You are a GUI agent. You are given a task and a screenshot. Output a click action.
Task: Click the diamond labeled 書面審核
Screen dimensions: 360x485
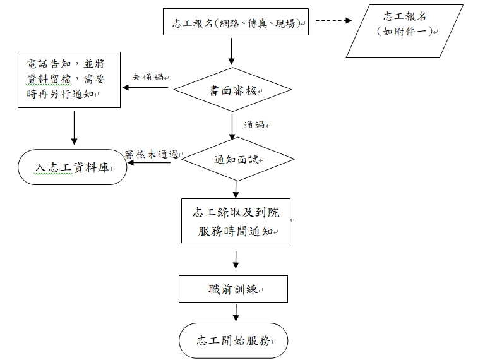234,91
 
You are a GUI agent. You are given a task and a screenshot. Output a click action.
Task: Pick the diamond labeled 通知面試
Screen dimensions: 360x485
236,159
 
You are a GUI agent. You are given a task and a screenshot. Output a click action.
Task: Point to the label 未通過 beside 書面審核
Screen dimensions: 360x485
148,77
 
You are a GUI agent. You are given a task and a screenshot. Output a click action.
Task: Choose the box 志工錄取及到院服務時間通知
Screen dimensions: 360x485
236,220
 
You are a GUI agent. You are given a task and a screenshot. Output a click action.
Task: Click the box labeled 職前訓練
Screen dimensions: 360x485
233,289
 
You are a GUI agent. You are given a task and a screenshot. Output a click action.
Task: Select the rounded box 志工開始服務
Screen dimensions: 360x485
234,341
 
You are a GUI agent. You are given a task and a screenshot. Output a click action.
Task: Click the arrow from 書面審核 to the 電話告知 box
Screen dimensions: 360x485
145,88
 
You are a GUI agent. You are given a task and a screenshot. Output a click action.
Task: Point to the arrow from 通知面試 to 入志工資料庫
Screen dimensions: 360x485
149,164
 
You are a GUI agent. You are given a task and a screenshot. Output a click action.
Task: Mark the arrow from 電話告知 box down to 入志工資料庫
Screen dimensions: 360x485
75,126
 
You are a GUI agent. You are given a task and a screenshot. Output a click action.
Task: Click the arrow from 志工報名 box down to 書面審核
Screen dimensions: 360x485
232,51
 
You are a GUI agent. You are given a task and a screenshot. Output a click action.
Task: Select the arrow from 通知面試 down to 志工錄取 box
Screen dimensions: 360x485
236,188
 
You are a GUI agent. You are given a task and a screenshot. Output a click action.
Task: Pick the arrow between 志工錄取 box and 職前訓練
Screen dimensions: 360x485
236,258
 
